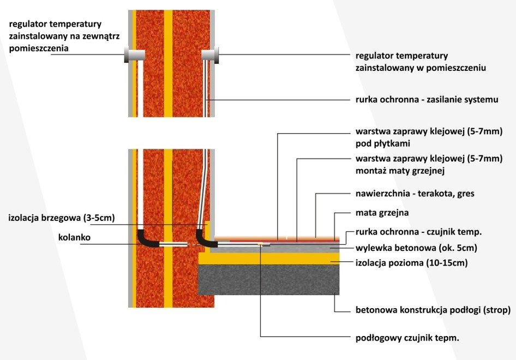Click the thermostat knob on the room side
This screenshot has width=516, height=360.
point(211,55)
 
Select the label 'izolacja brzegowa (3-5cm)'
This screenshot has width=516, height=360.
point(62,218)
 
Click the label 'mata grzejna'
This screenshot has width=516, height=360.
point(382,213)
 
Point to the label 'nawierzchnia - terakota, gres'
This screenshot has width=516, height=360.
point(415,193)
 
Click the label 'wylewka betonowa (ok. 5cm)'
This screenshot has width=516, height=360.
point(416,248)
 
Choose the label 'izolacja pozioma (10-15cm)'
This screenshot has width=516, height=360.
point(411,262)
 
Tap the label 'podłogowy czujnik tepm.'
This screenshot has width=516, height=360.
point(407,338)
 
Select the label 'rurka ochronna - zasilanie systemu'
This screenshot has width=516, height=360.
point(427,99)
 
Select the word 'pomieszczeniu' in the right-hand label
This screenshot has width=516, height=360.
point(456,68)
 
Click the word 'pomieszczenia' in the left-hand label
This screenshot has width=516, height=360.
point(37,48)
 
